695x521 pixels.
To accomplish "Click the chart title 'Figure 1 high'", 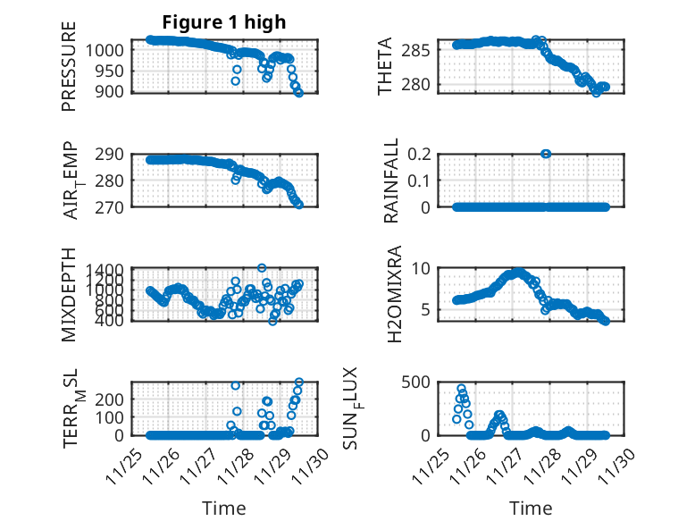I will coord(224,22).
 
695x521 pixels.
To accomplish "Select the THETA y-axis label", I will coord(385,66).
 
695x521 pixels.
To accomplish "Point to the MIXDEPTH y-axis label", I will coord(69,294).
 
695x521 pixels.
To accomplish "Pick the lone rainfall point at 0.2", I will coord(546,154).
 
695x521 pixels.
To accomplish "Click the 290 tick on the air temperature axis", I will coord(114,154).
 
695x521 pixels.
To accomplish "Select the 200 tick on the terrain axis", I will coord(114,417).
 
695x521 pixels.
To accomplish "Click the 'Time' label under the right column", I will coord(531,508).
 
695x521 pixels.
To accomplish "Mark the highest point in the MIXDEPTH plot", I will coord(262,268).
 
